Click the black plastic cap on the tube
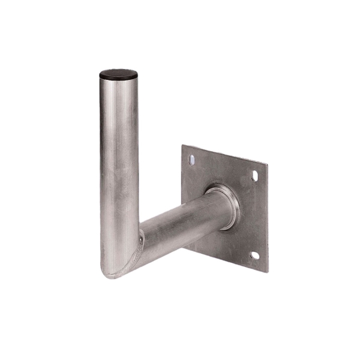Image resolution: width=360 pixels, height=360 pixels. (x=118, y=75)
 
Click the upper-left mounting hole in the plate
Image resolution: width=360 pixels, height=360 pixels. (x=191, y=160)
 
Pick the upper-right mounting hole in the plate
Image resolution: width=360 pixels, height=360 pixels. (x=254, y=175)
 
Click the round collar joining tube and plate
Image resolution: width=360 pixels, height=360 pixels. (x=224, y=204)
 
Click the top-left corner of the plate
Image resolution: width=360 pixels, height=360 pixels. (x=182, y=146)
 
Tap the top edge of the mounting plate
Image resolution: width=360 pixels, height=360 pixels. (x=225, y=154)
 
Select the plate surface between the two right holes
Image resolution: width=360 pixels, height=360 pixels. (x=255, y=216)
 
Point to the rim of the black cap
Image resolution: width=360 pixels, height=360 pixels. (x=118, y=81)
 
